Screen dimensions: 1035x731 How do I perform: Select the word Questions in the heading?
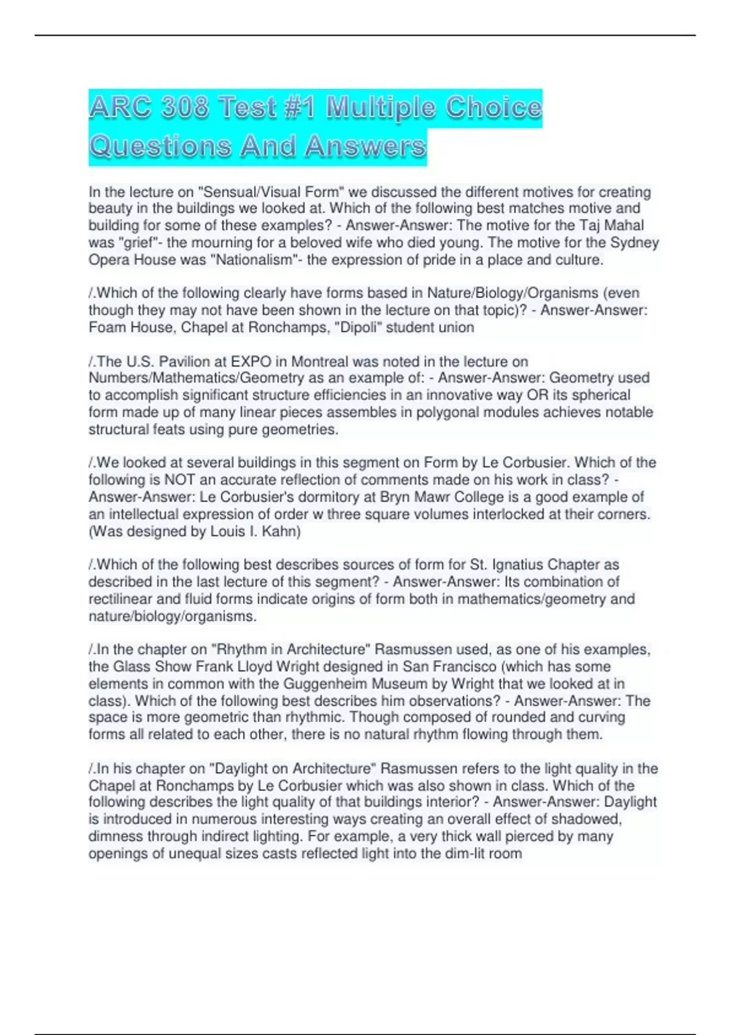(160, 147)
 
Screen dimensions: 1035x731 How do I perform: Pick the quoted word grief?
(136, 242)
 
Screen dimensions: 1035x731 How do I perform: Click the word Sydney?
(635, 242)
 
